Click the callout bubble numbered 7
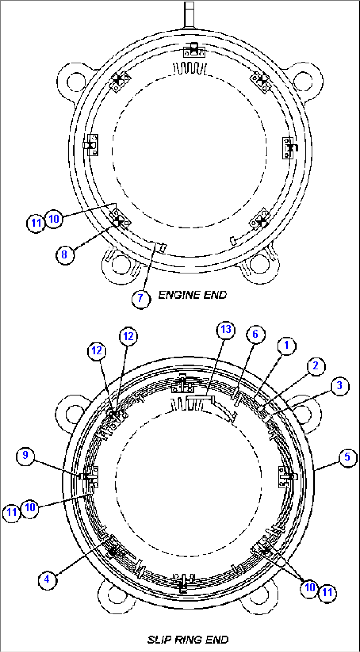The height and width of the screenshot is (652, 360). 141,298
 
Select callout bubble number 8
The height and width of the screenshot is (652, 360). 65,254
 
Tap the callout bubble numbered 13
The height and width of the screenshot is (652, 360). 226,329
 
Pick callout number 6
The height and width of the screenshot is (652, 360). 255,334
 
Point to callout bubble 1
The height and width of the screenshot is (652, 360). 286,345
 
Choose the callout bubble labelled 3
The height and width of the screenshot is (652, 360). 340,386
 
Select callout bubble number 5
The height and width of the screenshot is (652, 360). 347,457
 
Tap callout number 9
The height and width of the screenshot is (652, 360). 25,456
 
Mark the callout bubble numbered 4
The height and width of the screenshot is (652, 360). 47,579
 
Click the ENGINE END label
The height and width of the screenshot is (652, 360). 193,295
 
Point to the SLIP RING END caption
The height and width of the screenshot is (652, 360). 188,639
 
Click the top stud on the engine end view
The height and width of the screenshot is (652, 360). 189,15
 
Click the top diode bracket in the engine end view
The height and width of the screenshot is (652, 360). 194,51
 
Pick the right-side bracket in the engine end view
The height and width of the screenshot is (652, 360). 289,148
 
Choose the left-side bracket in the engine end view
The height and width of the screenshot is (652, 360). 91,145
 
